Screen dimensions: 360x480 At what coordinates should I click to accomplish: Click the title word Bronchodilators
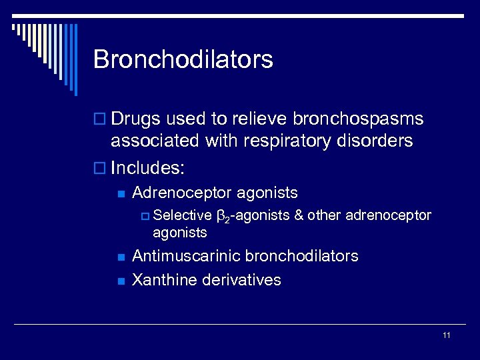pos(183,59)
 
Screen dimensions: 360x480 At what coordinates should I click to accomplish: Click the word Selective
pos(182,216)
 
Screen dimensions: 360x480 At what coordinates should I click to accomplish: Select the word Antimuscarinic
pos(187,256)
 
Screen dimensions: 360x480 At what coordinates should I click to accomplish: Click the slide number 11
pos(446,335)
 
